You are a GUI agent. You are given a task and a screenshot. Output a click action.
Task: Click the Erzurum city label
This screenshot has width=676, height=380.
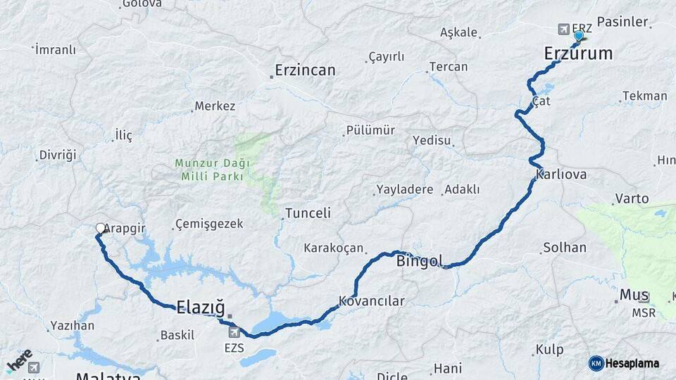pos(578,53)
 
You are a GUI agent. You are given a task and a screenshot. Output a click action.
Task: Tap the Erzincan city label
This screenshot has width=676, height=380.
pos(305,70)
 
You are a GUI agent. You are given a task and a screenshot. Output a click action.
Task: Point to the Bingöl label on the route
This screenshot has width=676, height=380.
pos(420,262)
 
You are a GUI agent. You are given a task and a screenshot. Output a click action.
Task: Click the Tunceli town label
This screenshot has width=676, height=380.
pos(308,213)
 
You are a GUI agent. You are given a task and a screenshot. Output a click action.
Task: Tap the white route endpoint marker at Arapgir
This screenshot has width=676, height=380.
pos(100,228)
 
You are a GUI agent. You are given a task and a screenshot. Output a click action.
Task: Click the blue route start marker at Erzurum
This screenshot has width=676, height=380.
pos(579,35)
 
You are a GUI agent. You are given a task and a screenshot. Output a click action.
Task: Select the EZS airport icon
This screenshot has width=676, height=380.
pos(234,332)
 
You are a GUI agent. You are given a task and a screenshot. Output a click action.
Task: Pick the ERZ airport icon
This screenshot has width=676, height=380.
pos(563,29)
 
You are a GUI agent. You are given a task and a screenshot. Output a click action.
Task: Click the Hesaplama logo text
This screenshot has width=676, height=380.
pos(632,363)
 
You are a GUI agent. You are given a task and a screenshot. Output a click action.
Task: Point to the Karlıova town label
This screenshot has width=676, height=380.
pos(561,174)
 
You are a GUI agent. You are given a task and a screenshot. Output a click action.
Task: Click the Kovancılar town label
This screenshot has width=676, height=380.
pos(372,301)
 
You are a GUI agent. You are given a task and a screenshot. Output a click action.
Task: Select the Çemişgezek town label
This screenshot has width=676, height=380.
pos(210,224)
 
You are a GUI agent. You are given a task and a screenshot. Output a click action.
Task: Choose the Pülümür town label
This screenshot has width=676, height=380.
pos(370,130)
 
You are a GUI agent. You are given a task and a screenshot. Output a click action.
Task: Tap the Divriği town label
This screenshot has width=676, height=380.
pos(58,155)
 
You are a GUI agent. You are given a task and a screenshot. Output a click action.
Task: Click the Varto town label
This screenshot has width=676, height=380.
pos(632,198)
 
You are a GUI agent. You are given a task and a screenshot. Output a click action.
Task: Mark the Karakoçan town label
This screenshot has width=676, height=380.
pos(334,248)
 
